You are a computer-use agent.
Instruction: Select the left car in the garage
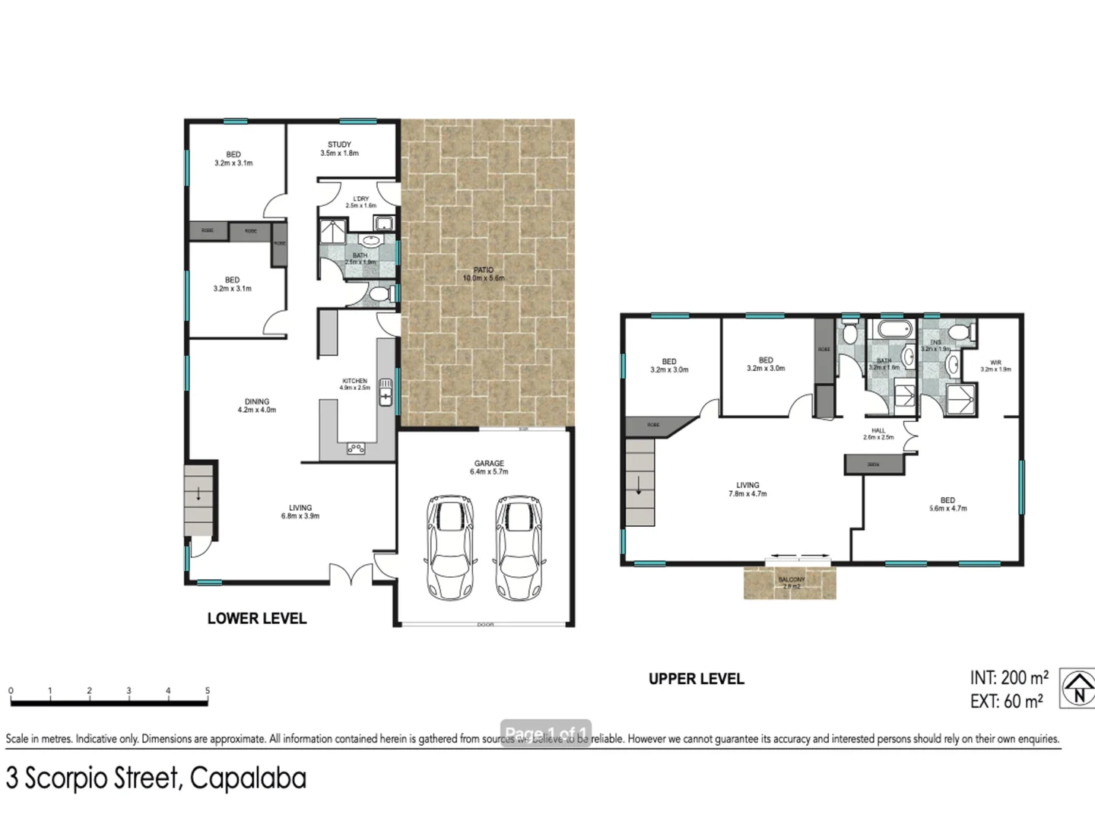pos(451,547)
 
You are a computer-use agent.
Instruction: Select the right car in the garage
pos(519,547)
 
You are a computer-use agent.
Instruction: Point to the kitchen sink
pos(386,391)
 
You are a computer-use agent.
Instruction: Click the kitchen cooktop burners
pos(356,449)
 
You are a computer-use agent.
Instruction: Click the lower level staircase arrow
pos(199,494)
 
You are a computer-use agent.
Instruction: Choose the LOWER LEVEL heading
pos(257,619)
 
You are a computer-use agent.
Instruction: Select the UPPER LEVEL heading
pos(696,679)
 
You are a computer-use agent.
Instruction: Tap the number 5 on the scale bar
pos(208,690)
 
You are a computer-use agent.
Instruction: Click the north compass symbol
pos(1078,688)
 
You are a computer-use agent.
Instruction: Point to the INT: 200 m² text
pos(1009,677)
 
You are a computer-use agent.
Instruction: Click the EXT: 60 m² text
pos(1006,702)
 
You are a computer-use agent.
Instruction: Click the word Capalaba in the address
pos(248,778)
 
